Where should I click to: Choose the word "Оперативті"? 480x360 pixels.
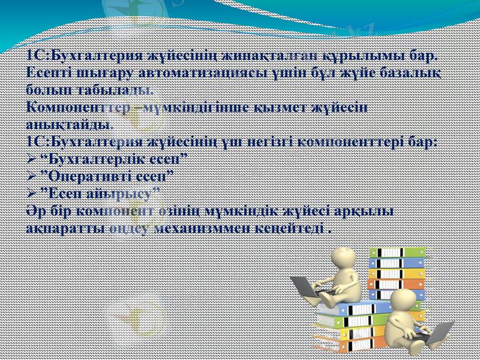point(94,176)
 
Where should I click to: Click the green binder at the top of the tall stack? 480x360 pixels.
point(396,253)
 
